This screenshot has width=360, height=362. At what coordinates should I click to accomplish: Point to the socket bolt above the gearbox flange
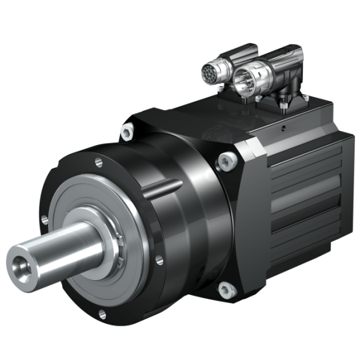tap(128, 131)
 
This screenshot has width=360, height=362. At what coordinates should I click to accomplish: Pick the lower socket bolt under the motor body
tap(225, 287)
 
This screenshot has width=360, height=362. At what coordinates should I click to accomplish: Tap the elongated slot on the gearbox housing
tap(163, 185)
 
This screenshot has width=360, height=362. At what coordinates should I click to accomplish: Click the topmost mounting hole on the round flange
tap(98, 162)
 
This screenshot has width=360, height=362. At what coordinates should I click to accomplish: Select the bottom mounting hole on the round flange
tap(100, 315)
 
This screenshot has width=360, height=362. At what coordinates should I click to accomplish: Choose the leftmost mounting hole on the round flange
tap(44, 218)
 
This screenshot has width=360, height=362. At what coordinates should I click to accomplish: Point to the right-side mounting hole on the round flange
tap(159, 261)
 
